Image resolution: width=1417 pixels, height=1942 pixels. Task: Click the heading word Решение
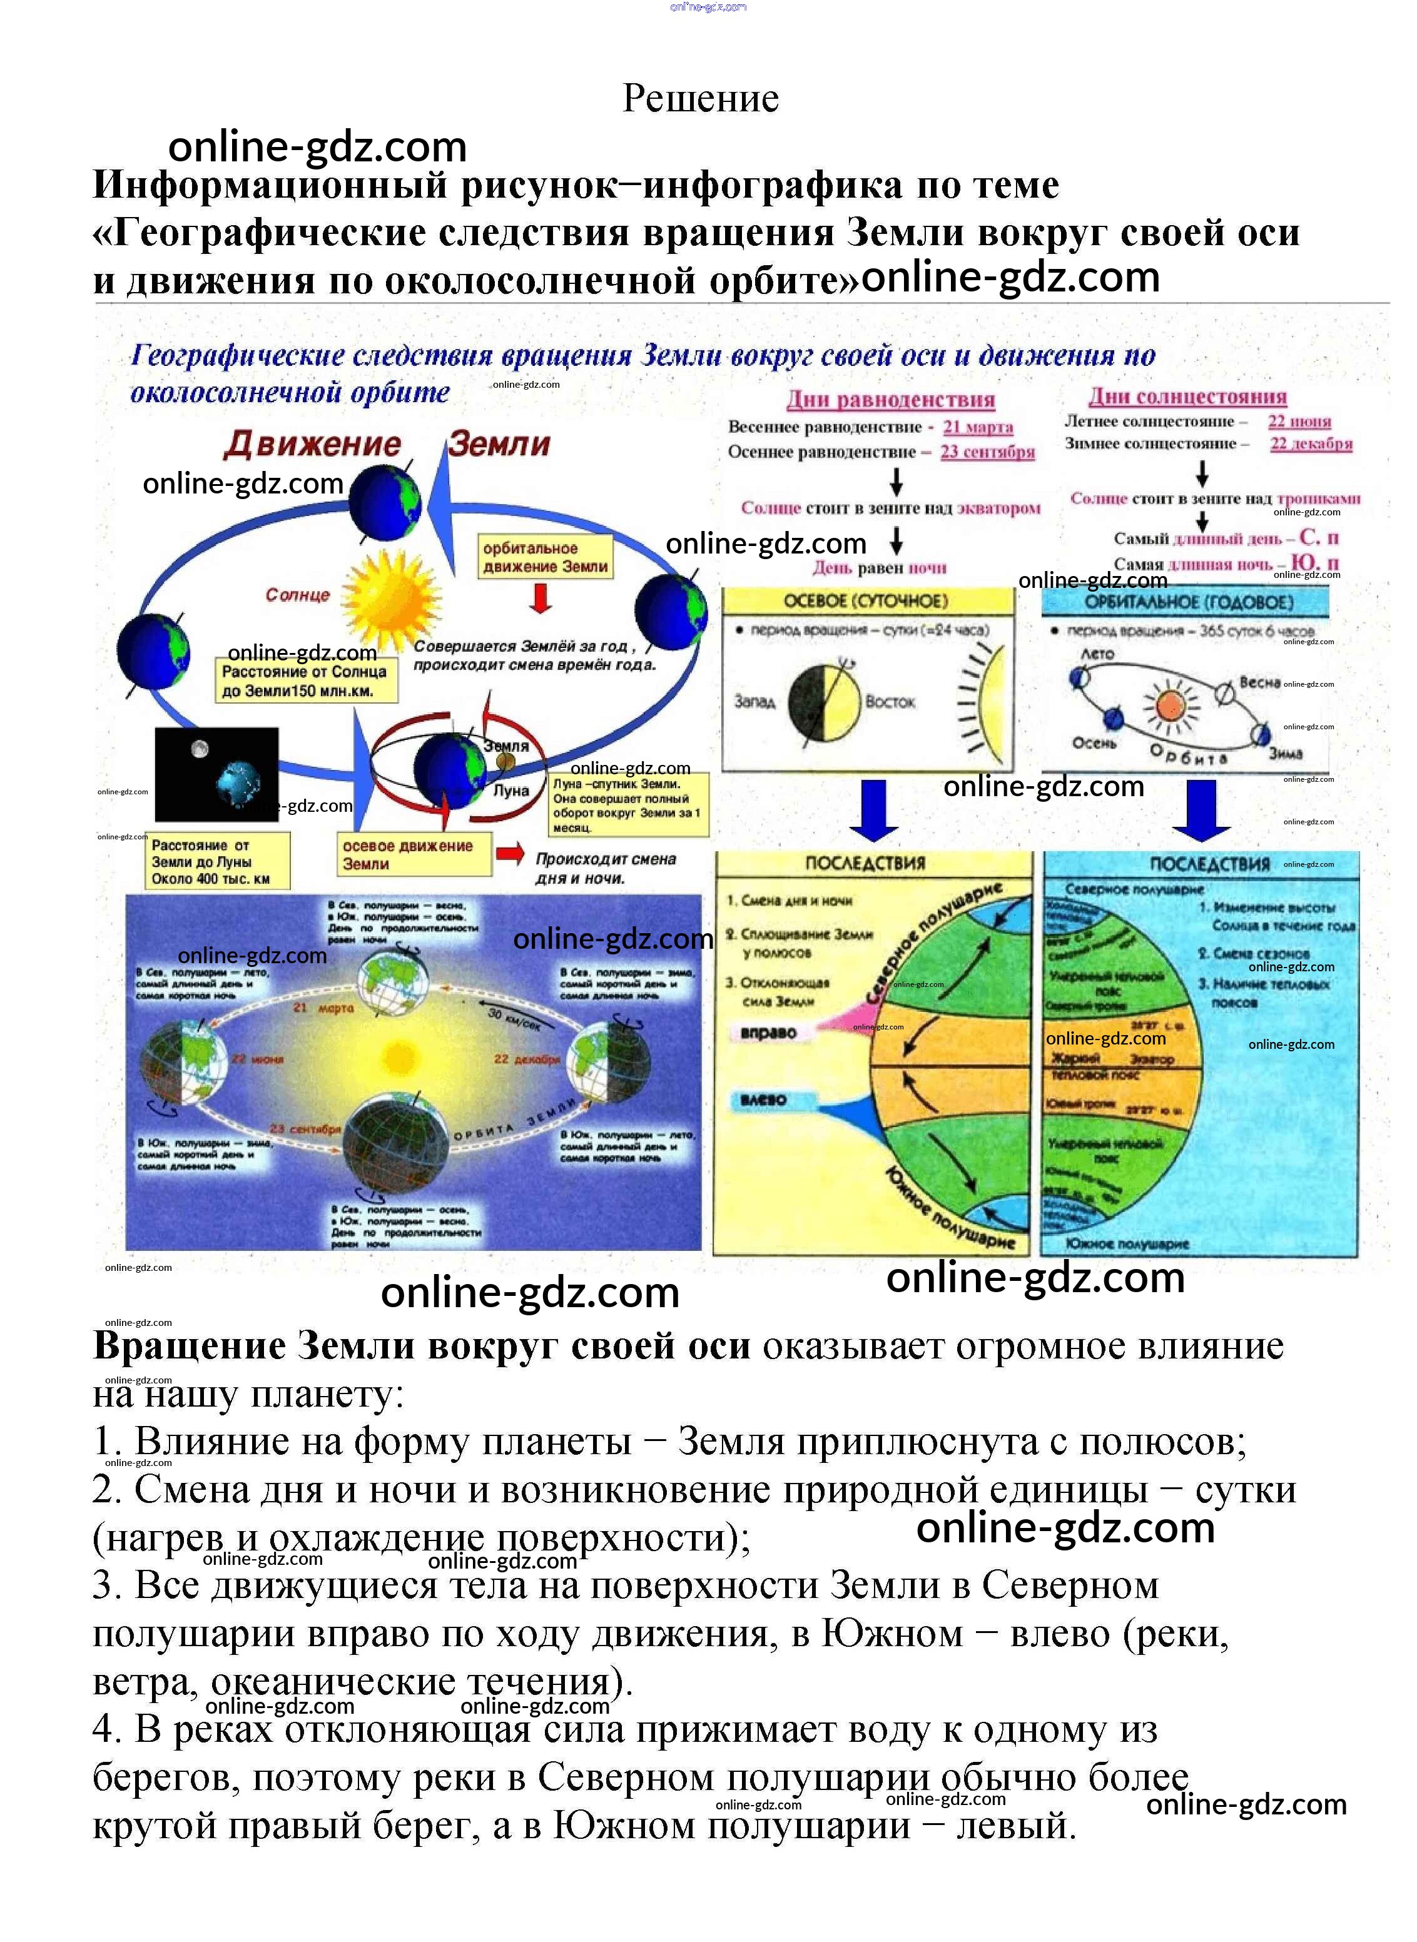click(700, 99)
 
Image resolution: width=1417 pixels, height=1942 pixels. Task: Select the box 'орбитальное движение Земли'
click(546, 557)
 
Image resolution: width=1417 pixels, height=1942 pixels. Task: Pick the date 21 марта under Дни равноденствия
click(978, 427)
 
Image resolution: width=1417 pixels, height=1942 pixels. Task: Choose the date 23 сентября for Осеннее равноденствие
click(987, 452)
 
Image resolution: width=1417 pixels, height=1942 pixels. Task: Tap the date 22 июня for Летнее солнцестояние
click(1299, 421)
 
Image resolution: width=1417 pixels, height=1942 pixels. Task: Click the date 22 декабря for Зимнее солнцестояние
click(1311, 444)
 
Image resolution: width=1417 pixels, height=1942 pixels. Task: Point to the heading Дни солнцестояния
click(1187, 397)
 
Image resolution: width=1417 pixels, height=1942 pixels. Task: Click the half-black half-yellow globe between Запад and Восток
click(823, 702)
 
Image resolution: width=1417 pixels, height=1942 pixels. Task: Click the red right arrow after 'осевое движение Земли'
click(509, 853)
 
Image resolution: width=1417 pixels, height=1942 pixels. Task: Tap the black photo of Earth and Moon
click(216, 774)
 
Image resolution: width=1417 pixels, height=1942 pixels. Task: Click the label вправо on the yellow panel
click(768, 1033)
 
